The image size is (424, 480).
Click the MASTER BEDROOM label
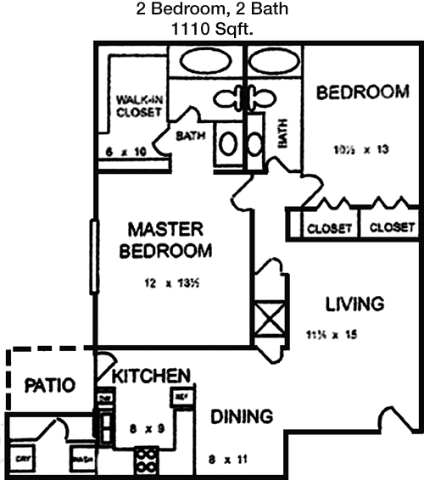(165, 240)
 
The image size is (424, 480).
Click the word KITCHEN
(152, 375)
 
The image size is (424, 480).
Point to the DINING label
(242, 416)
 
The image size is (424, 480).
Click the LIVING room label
(355, 303)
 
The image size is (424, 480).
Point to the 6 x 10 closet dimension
(126, 151)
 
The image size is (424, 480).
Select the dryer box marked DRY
(24, 460)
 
